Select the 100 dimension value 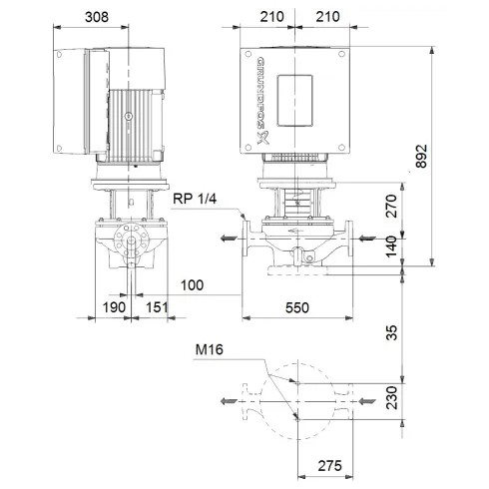coord(193,286)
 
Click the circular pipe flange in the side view coord(125,240)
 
